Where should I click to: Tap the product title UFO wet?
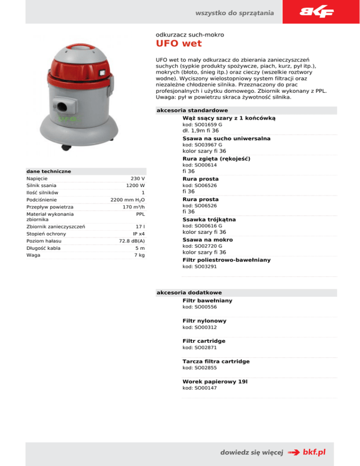pos(179,44)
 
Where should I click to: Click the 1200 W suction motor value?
pos(135,186)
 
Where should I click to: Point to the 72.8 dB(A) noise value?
pos(131,241)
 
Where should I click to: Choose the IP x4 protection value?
pos(138,233)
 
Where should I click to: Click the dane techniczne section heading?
pos(49,171)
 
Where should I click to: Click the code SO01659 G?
pos(202,125)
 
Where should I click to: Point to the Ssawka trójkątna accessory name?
pos(209,219)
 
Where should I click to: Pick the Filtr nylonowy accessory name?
pos(204,321)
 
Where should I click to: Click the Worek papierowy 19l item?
pos(215,382)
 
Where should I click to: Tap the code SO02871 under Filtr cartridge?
pos(199,348)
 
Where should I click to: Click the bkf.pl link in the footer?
pos(314,452)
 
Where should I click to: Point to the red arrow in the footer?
pos(294,452)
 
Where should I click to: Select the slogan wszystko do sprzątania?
pos(235,13)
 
